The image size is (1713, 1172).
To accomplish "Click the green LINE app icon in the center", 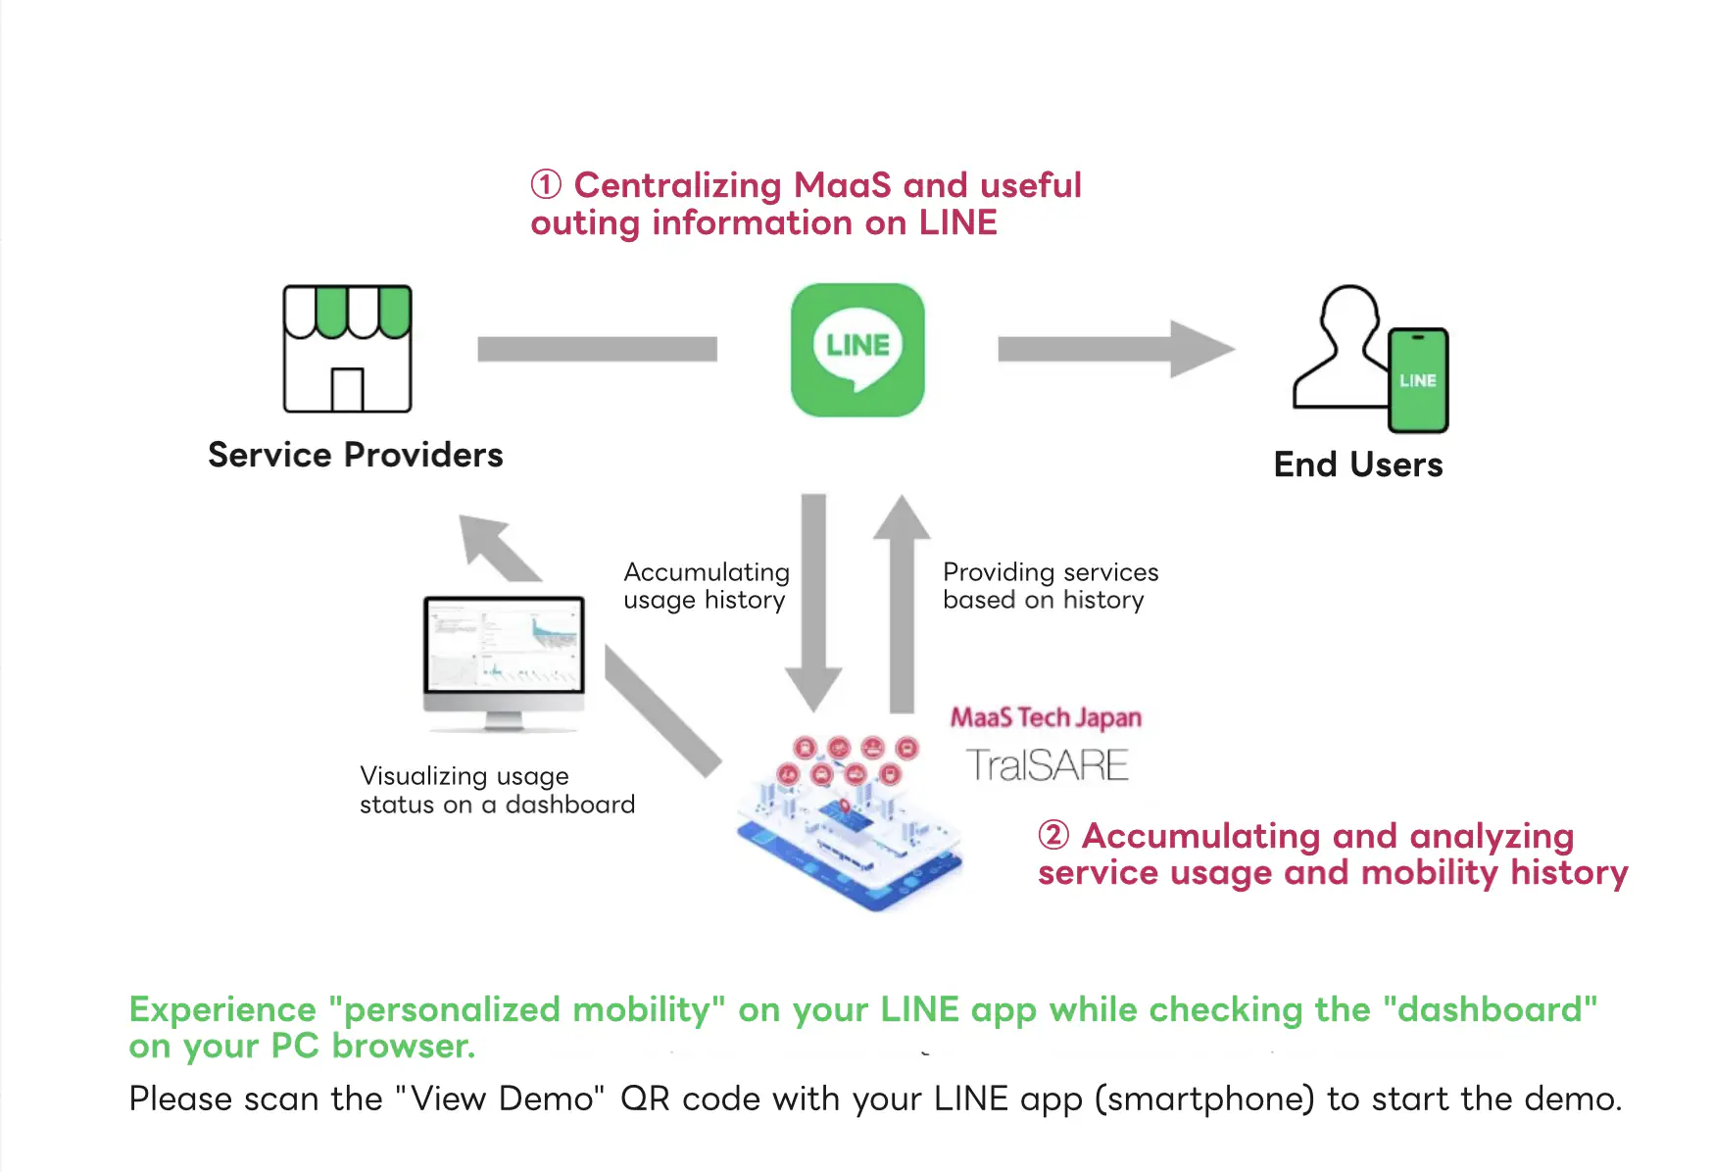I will click(857, 350).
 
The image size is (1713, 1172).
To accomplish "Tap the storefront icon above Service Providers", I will click(347, 349).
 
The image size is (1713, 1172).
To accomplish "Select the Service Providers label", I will click(355, 455).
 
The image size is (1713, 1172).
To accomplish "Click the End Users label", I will click(1357, 464).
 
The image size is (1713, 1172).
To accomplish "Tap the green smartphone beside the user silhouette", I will click(1417, 380).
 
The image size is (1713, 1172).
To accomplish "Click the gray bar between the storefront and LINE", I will click(597, 349).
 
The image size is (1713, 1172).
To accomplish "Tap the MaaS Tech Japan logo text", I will click(1046, 718).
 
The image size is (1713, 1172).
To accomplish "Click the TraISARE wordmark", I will click(1047, 765).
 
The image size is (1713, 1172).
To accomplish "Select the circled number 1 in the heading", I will click(546, 184).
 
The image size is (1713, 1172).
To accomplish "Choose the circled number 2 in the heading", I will click(1053, 835).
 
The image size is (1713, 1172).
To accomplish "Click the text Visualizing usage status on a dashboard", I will click(497, 790).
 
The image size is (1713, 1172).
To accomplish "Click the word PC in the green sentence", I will click(294, 1047).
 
